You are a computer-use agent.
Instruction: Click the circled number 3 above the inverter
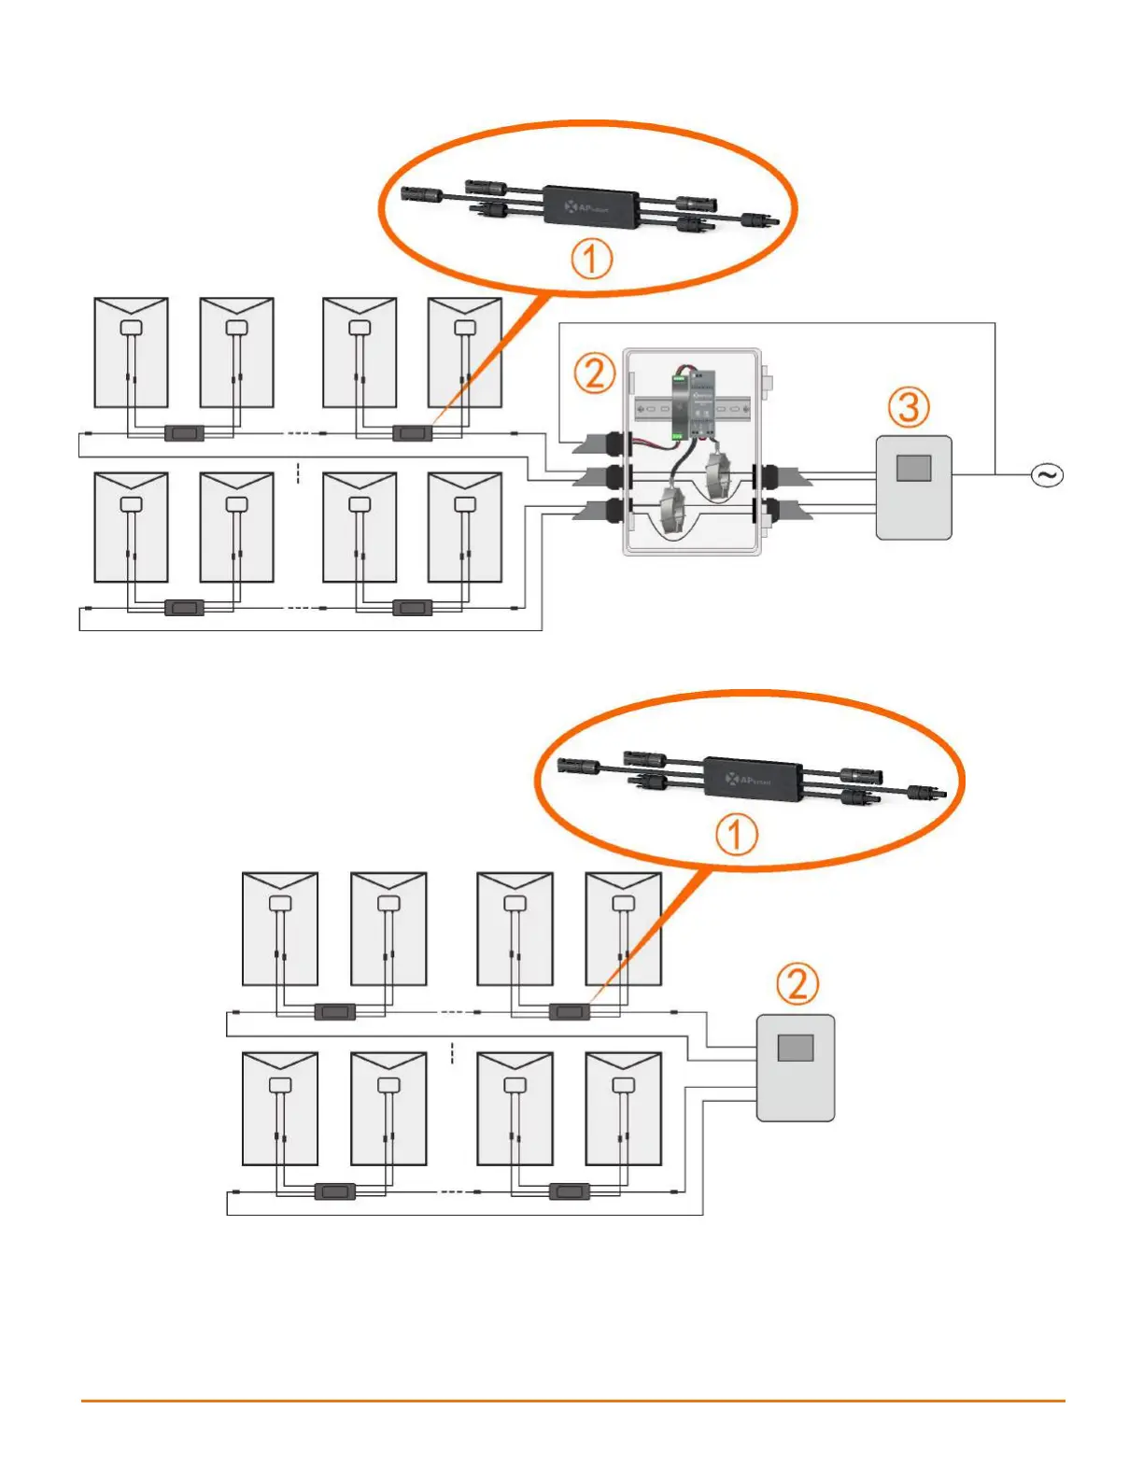click(909, 407)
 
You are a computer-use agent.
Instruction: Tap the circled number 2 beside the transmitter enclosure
click(594, 373)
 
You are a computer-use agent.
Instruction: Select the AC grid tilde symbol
click(1047, 475)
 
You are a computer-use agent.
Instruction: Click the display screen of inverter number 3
click(913, 468)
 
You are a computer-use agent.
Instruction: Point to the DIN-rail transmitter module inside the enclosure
click(692, 404)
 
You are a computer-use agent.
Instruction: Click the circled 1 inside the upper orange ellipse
click(591, 259)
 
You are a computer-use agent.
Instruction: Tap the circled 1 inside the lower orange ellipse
click(736, 835)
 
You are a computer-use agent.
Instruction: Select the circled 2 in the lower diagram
click(797, 983)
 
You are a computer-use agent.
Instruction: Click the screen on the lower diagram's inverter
click(795, 1048)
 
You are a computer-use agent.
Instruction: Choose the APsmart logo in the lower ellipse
click(749, 779)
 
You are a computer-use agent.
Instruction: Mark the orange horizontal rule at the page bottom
click(571, 1401)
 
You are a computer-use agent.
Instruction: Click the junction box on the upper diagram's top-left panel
click(131, 328)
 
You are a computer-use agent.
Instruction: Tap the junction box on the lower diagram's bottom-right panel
click(623, 1085)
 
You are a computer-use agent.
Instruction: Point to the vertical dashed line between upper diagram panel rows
click(298, 473)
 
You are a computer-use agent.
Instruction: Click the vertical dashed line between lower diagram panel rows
click(452, 1053)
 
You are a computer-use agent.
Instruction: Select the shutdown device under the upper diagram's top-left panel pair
click(184, 433)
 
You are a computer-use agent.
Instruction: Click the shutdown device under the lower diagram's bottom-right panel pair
click(569, 1191)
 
